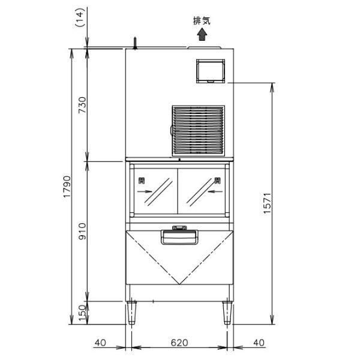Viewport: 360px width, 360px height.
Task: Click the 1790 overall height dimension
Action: tap(67, 187)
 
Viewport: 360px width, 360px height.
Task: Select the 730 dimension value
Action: tap(82, 105)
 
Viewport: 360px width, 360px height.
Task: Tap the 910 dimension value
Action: tap(82, 231)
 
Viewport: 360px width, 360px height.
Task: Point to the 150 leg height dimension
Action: tap(82, 313)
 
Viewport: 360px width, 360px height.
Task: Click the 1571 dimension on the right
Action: tap(267, 203)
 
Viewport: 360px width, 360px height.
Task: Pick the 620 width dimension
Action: tap(179, 343)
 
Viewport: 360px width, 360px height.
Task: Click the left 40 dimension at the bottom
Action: tap(100, 343)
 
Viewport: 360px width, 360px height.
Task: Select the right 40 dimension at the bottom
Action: tap(259, 343)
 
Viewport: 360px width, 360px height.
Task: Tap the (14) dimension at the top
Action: tap(80, 17)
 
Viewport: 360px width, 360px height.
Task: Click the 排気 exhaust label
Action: tap(202, 20)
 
